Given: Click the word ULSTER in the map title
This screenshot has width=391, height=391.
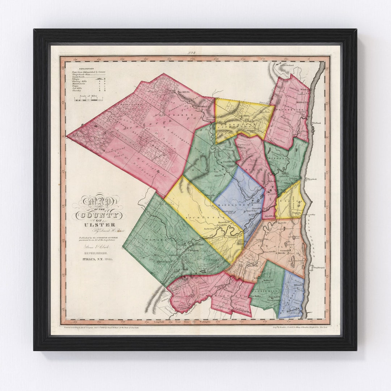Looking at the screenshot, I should (94, 224).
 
